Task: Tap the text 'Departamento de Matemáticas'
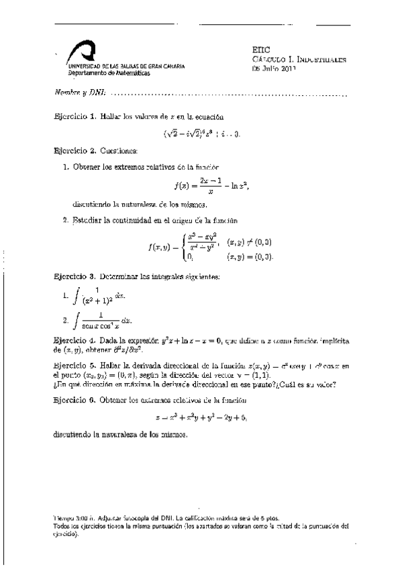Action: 98,73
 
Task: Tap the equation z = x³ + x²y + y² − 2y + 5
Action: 201,417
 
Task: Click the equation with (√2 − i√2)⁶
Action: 201,134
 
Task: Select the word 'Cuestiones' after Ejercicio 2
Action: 118,152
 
